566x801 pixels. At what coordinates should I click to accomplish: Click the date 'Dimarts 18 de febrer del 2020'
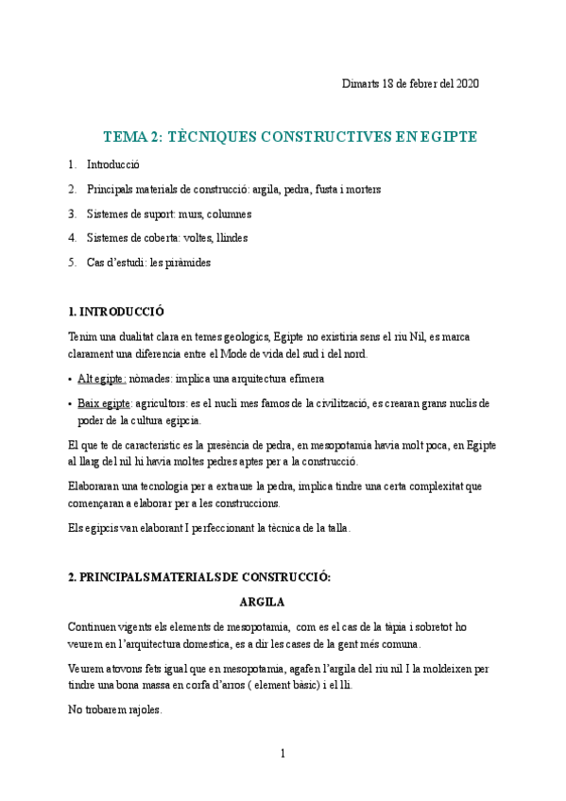(x=410, y=83)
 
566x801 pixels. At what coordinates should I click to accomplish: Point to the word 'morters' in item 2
(x=363, y=189)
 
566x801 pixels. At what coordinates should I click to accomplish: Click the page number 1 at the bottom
(x=283, y=754)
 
